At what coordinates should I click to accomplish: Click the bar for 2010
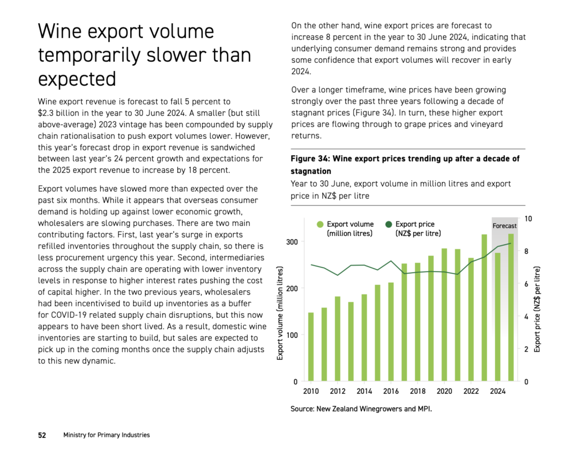(x=311, y=347)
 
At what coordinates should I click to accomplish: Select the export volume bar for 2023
(x=484, y=307)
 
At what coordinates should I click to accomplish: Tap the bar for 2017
(x=404, y=322)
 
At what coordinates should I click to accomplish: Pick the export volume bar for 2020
(x=444, y=315)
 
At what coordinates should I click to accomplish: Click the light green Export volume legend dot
(x=320, y=224)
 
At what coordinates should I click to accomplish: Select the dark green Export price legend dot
(x=388, y=224)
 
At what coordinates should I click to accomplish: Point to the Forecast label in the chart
(x=504, y=226)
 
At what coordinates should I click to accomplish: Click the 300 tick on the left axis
(x=292, y=242)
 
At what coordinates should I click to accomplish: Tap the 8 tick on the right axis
(x=526, y=251)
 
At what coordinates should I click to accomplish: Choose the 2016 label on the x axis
(x=391, y=391)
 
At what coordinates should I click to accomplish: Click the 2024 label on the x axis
(x=498, y=391)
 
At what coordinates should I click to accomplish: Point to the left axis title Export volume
(x=280, y=313)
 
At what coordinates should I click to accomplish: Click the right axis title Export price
(x=537, y=310)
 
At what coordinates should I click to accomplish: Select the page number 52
(x=42, y=435)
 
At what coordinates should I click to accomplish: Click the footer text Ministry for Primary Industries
(x=106, y=435)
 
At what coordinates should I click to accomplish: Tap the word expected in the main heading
(x=77, y=79)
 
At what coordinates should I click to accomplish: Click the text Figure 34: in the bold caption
(x=310, y=159)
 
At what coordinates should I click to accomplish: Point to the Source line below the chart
(x=361, y=409)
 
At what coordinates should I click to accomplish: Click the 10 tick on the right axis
(x=528, y=219)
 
